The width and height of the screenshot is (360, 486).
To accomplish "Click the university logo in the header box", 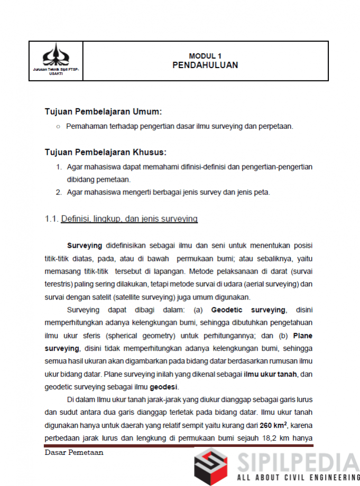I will (56, 54).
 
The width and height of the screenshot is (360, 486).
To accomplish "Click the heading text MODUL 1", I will (205, 56).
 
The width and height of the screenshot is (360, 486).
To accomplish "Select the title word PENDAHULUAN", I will (205, 66).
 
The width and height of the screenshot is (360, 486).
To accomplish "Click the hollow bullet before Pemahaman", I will (58, 126).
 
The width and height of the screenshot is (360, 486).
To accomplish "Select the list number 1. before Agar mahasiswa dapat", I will (59, 167).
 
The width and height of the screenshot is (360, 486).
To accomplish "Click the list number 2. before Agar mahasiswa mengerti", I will (59, 192).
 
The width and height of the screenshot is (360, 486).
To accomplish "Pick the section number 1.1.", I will (52, 219).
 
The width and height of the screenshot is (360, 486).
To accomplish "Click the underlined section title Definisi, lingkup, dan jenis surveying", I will (130, 219).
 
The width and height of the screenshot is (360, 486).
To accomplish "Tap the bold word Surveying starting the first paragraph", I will (85, 246).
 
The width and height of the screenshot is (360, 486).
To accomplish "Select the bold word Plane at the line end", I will (302, 335).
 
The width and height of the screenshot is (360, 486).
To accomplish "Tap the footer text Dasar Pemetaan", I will (74, 453).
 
